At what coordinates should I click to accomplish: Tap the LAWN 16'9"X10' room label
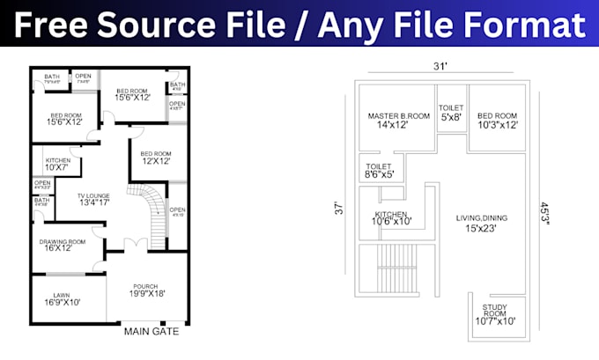[61, 298]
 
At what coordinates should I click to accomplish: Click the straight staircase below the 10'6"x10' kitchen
[396, 269]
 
